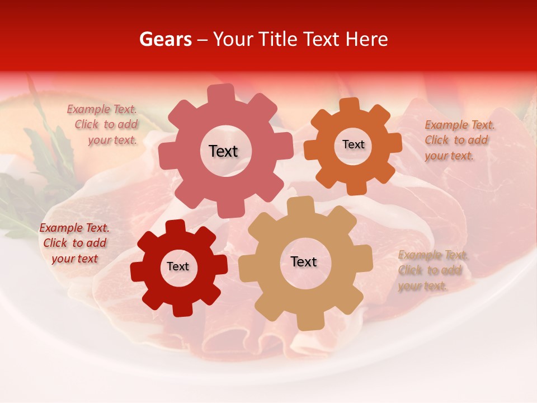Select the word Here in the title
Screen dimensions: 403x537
point(366,39)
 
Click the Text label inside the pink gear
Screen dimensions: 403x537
point(223,151)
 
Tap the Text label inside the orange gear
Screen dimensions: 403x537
point(353,144)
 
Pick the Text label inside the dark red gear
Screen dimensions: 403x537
point(178,267)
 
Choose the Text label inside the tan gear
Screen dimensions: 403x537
point(304,262)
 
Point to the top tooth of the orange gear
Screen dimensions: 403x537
point(350,105)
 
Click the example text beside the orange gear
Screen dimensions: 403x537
point(459,140)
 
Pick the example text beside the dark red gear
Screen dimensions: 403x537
point(74,243)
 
